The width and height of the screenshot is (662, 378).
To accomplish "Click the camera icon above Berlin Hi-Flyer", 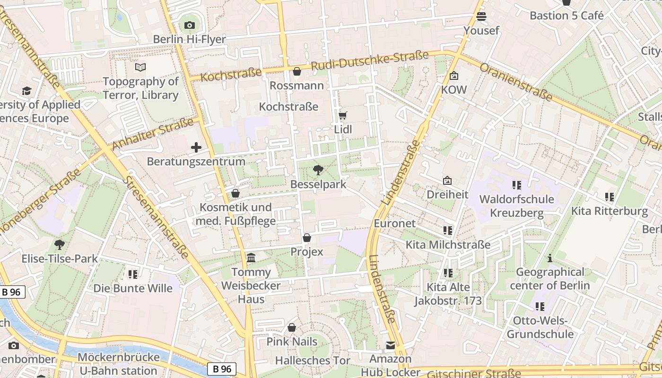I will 190,25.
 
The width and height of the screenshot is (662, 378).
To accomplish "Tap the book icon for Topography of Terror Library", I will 140,67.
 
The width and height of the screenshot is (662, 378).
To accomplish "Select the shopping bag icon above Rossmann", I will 297,71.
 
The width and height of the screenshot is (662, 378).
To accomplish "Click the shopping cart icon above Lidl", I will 343,115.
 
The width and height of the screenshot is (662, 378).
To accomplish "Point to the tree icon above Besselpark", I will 318,170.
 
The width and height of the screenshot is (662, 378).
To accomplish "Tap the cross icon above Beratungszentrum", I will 196,147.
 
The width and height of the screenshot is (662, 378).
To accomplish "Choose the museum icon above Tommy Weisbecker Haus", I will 251,258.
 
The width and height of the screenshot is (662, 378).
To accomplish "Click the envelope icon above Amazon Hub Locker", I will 391,345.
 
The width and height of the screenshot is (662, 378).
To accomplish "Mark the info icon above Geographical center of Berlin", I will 549,258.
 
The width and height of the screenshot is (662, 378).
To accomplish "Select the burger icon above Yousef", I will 481,17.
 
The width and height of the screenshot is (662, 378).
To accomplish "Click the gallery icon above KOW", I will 454,76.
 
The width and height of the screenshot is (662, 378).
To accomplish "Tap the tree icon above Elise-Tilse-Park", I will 60,244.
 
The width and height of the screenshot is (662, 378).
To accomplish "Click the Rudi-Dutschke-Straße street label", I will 369,60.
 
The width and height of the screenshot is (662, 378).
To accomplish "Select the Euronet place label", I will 395,223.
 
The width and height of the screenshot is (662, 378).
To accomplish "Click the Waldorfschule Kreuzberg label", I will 516,206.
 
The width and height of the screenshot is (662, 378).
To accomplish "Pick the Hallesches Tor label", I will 313,361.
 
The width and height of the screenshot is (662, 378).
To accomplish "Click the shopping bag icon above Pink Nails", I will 292,327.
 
